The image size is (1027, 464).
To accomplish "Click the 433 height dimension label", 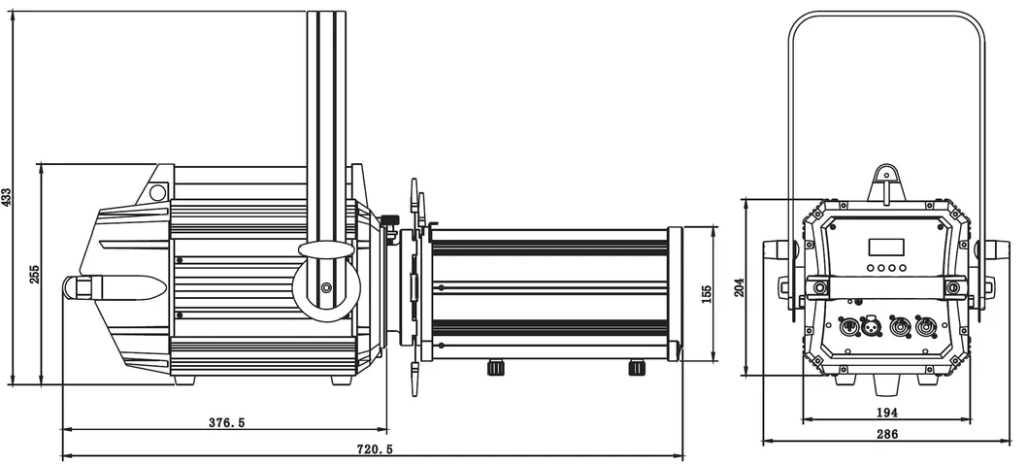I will click(x=8, y=198).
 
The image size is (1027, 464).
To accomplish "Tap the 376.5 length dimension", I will click(x=226, y=422).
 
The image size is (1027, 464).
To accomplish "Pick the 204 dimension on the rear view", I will click(x=740, y=286).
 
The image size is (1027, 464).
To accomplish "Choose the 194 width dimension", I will click(x=885, y=413).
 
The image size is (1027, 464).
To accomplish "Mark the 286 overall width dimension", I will click(x=886, y=435).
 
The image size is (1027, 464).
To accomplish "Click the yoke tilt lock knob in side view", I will click(x=325, y=286).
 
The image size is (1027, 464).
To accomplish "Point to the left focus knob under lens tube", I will click(x=496, y=367).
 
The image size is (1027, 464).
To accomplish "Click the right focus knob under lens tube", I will click(x=638, y=367).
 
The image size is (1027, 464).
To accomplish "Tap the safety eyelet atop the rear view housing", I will click(x=885, y=179).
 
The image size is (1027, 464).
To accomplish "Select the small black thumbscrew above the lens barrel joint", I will click(x=390, y=218).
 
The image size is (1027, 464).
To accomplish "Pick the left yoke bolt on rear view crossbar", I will click(x=821, y=287).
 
